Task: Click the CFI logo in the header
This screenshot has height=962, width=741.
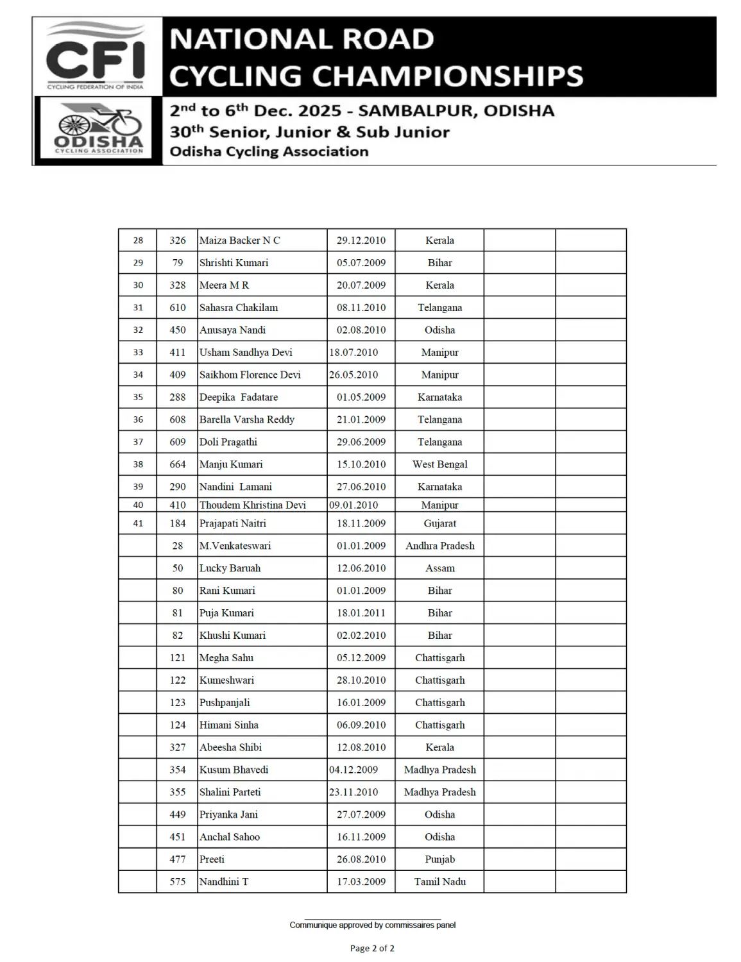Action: click(96, 56)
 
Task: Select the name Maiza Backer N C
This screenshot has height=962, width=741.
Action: click(239, 240)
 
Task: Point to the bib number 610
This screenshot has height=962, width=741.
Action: click(178, 308)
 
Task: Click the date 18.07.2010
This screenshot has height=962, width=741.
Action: click(353, 353)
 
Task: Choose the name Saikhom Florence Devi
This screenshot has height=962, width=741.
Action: click(250, 375)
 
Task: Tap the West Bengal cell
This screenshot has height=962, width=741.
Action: click(439, 464)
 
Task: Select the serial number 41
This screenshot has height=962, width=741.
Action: click(138, 523)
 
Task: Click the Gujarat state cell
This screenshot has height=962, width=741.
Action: click(439, 523)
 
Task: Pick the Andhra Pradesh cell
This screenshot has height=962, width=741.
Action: click(439, 546)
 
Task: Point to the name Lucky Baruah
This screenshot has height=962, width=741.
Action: click(230, 568)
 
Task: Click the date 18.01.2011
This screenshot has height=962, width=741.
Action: click(361, 613)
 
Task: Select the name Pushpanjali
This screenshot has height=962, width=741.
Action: click(225, 703)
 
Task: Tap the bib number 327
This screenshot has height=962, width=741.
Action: click(178, 748)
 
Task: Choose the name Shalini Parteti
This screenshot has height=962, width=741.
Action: click(230, 793)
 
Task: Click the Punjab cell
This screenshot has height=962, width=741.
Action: click(439, 859)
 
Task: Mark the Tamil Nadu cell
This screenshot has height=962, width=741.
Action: click(439, 882)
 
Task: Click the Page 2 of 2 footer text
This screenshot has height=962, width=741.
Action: click(372, 948)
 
